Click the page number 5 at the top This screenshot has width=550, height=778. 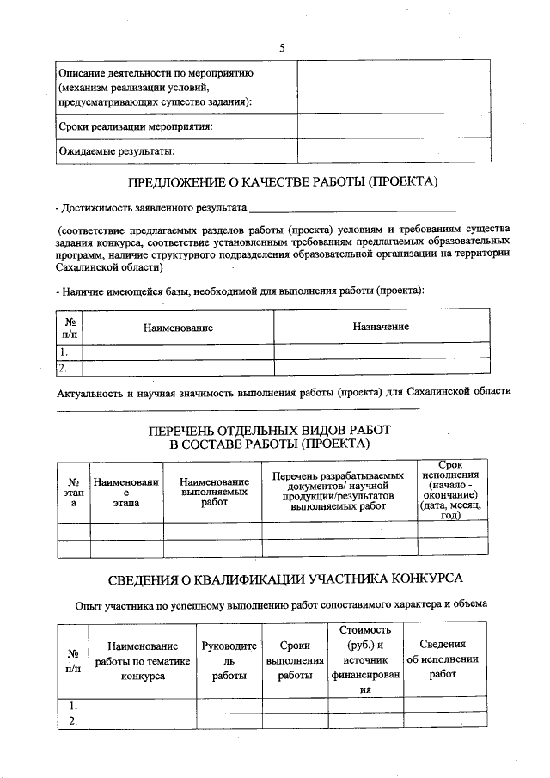[281, 47]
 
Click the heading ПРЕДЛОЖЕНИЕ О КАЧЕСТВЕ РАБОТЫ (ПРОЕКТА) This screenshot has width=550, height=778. [283, 181]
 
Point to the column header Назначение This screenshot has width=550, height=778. [381, 327]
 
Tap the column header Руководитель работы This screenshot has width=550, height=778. [229, 660]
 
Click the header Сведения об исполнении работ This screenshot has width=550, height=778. [443, 660]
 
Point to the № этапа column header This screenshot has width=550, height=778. [73, 493]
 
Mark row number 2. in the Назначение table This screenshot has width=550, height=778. [63, 368]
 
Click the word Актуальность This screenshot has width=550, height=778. [89, 393]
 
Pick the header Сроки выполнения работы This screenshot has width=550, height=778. [295, 660]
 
